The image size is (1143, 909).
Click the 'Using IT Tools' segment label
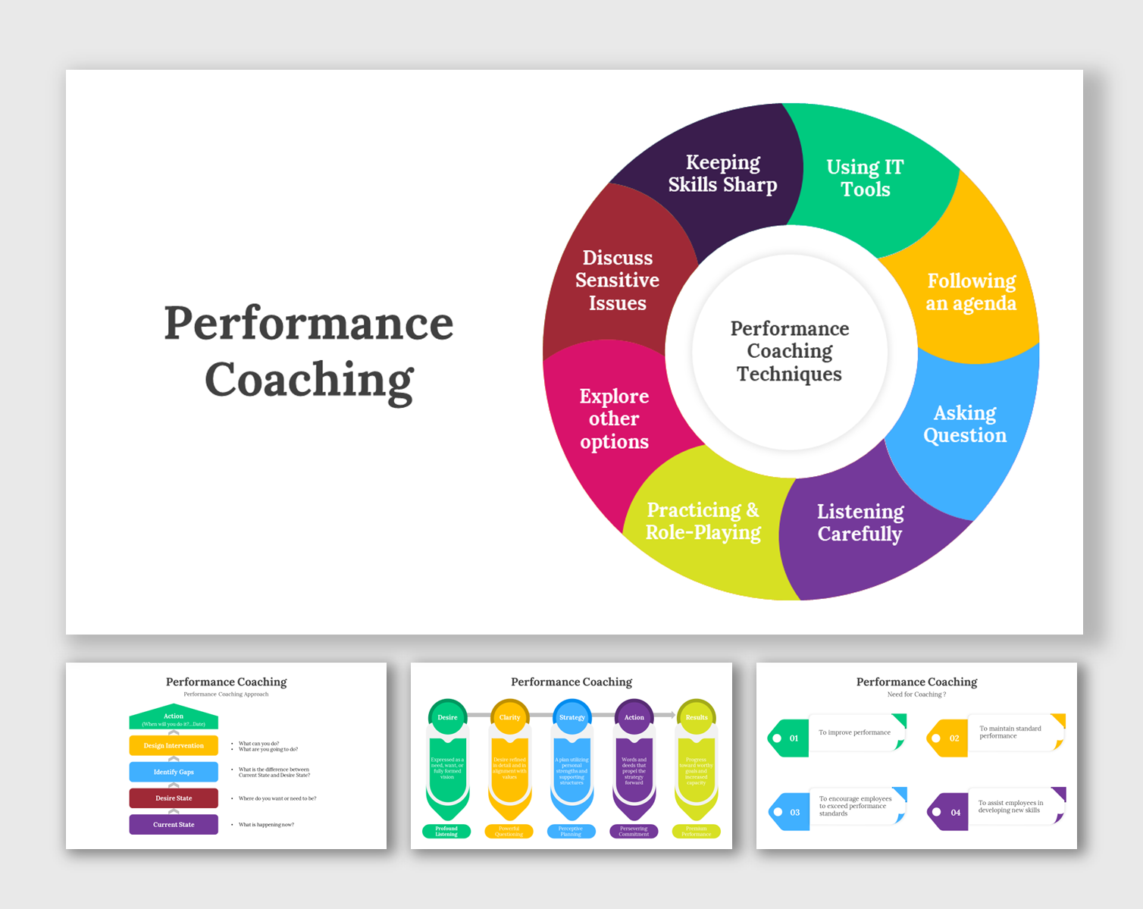(x=865, y=178)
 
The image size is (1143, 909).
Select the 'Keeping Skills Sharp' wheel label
(x=722, y=174)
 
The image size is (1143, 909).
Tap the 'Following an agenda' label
(x=971, y=292)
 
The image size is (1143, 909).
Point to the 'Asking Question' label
(x=965, y=424)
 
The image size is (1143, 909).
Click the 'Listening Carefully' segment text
(x=860, y=522)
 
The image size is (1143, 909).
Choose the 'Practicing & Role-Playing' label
(x=703, y=521)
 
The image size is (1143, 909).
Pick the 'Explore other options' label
(x=614, y=418)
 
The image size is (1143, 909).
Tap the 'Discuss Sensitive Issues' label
(x=617, y=281)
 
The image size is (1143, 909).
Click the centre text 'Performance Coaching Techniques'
(x=789, y=351)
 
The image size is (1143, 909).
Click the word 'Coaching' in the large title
(x=309, y=380)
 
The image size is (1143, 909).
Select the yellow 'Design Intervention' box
(x=174, y=745)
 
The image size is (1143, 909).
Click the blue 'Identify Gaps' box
(x=174, y=772)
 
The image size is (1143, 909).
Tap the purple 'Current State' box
(x=174, y=824)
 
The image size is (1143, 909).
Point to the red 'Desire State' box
(x=174, y=798)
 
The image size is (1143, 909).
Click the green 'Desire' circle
(x=447, y=717)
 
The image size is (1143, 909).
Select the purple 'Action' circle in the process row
(x=634, y=717)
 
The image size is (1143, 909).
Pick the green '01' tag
(x=789, y=738)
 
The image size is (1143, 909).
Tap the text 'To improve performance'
(x=854, y=732)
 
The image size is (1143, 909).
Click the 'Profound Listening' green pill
(x=446, y=831)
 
